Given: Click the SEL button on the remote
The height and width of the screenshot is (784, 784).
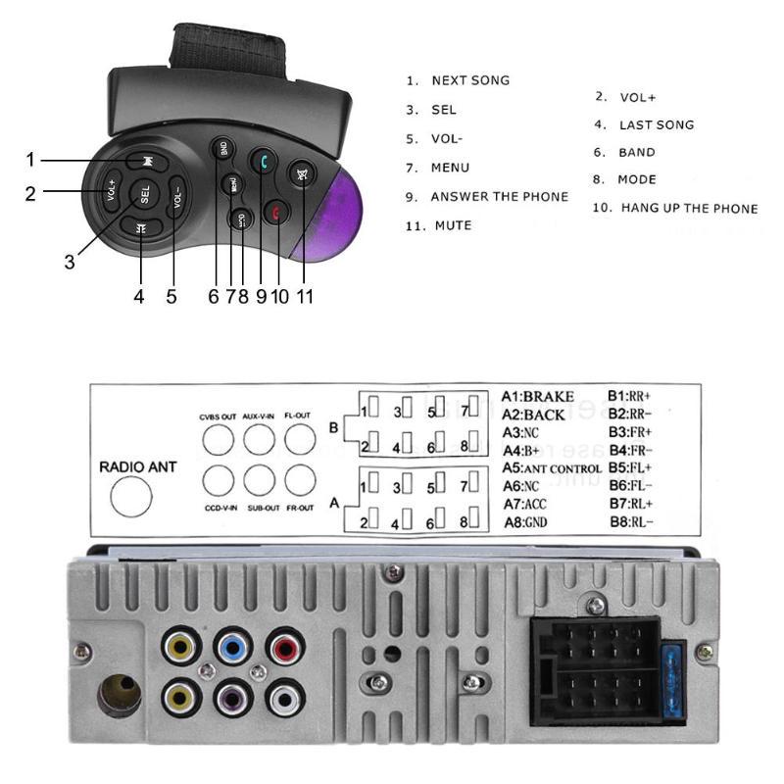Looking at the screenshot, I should tap(144, 192).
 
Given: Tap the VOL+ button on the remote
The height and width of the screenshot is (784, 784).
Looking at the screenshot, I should tap(112, 188).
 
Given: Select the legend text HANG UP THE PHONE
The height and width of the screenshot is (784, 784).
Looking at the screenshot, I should tap(689, 208).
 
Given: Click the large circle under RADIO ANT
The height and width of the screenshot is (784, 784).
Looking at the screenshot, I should tap(131, 497).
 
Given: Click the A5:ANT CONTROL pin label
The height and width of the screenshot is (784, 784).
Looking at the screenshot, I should tap(552, 467).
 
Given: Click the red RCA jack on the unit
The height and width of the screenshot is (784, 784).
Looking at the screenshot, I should tap(284, 648).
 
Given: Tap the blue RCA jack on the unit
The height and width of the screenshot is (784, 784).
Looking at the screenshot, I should tap(233, 648).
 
